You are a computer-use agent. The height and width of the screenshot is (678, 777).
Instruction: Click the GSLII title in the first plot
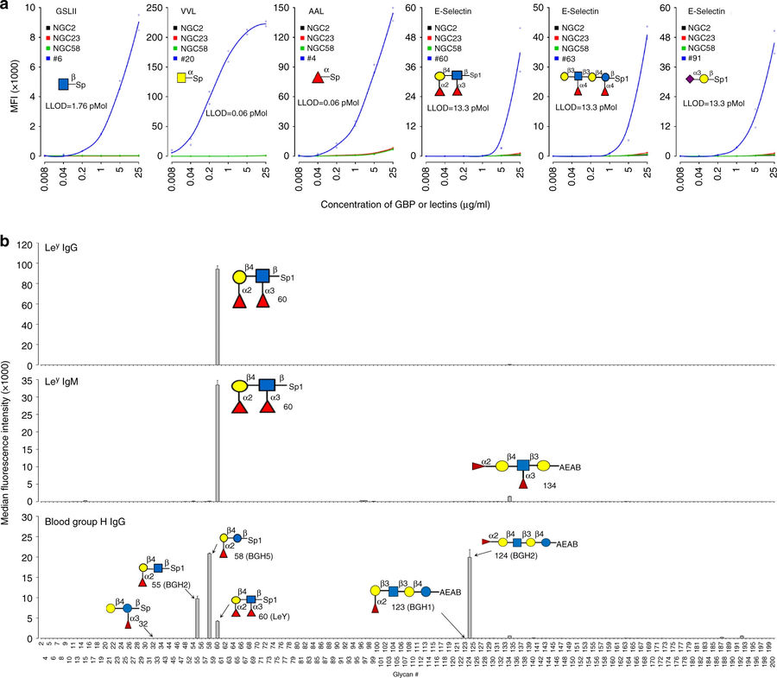56,14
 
